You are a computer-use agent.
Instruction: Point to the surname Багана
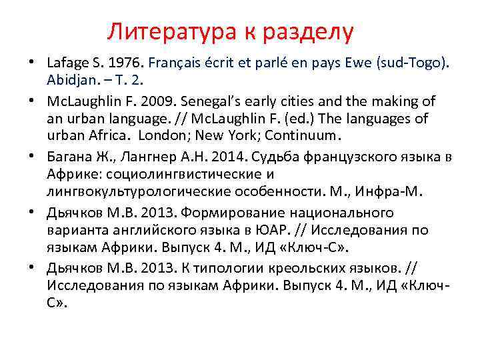(70, 157)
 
